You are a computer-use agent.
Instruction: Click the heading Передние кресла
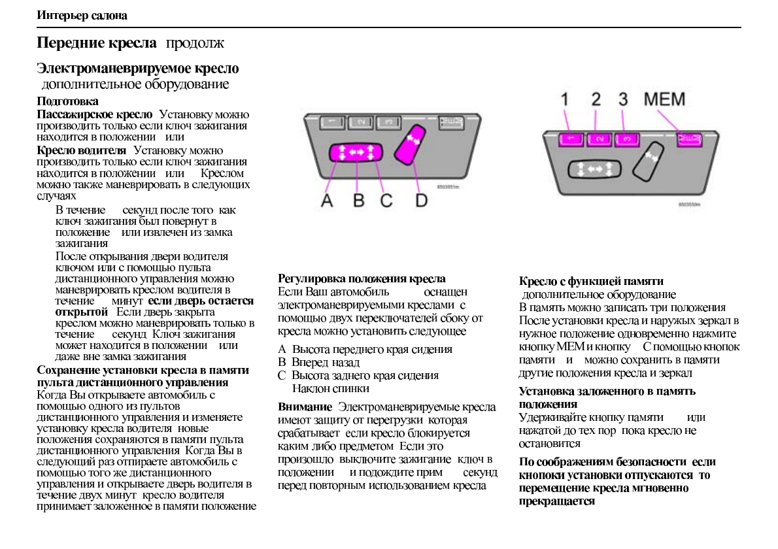tap(96, 44)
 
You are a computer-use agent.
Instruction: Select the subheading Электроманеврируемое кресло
tap(137, 68)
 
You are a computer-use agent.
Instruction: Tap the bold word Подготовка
tap(67, 102)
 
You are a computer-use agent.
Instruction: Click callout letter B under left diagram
tap(358, 200)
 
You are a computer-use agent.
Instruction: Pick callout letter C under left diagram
tap(386, 200)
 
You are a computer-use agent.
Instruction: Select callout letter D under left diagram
tap(421, 200)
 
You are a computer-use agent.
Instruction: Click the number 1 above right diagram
tap(567, 100)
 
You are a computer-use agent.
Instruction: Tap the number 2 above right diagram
tap(596, 100)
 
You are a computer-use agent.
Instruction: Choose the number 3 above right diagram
tap(622, 100)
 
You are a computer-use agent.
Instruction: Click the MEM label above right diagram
tap(664, 100)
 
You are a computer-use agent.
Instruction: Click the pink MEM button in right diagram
tap(687, 138)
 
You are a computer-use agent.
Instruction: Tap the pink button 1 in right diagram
tap(570, 139)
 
